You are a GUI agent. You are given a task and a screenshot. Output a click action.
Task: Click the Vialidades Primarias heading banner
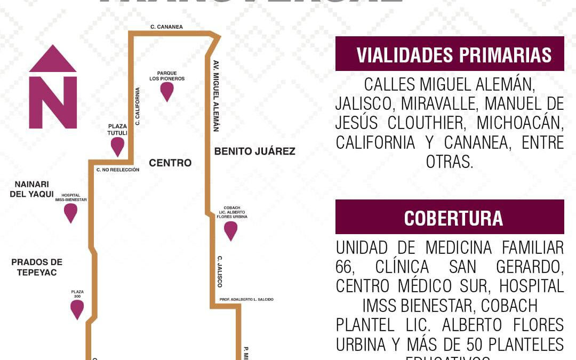(x=450, y=54)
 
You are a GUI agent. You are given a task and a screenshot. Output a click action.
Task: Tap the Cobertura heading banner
(x=450, y=217)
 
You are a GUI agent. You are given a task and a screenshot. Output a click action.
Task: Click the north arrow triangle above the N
(x=53, y=59)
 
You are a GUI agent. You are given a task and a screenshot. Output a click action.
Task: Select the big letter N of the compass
(x=53, y=102)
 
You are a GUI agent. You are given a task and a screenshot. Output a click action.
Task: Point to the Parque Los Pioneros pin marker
(x=167, y=91)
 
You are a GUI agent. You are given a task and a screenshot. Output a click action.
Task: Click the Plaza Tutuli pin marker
(x=117, y=146)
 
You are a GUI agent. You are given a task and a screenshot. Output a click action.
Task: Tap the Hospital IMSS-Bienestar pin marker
(x=70, y=212)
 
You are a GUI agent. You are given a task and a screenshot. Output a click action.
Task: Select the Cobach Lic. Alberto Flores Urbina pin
(x=230, y=230)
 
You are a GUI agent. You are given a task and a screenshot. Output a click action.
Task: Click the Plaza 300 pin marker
(x=77, y=309)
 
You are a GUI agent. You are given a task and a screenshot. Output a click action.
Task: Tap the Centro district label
(x=170, y=163)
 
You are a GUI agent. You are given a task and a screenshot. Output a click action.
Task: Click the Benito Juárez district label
(x=254, y=151)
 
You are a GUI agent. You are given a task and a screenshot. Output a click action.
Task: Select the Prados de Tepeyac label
(x=37, y=267)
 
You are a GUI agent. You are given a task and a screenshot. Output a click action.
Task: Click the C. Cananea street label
(x=166, y=26)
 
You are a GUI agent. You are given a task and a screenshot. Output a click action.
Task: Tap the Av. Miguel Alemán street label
(x=216, y=95)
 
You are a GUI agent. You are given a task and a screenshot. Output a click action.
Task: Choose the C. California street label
(x=138, y=106)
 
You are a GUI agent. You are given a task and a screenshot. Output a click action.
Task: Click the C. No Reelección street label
(x=117, y=170)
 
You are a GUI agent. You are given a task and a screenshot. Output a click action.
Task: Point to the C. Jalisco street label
(x=219, y=271)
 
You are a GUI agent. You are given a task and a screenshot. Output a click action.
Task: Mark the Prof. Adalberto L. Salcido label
(x=246, y=300)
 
